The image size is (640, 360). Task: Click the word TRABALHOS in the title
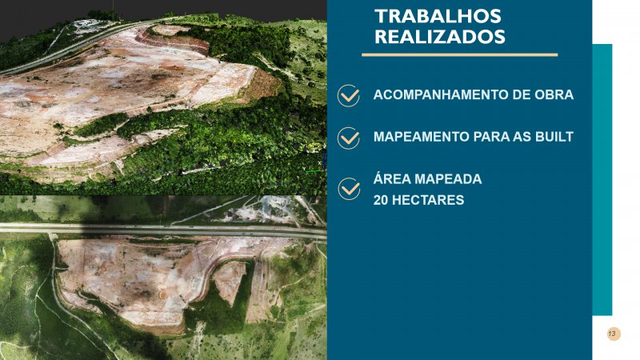tap(438, 16)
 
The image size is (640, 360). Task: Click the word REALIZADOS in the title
tap(440, 37)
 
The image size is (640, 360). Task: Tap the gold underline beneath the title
tap(459, 54)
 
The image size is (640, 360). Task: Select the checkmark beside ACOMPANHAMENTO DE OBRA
tap(349, 96)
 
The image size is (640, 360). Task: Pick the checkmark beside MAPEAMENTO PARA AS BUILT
tap(349, 138)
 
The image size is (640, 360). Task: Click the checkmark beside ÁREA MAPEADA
tap(349, 189)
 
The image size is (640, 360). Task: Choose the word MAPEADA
tap(448, 178)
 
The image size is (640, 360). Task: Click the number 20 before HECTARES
tap(381, 200)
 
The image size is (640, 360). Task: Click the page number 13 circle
tap(613, 334)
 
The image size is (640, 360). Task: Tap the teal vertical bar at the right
tap(602, 179)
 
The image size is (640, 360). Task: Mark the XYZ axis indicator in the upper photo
tap(316, 164)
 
